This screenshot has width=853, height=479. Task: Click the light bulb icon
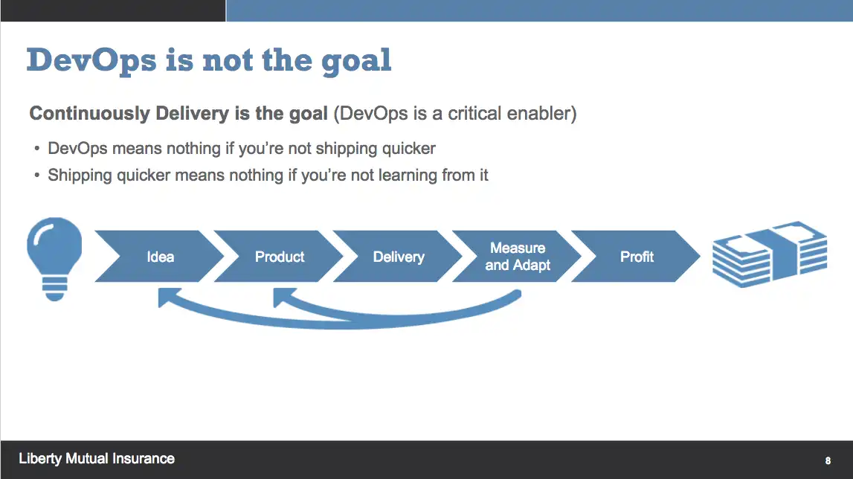54,256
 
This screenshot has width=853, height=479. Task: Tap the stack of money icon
769,254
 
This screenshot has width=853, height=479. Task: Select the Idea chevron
160,257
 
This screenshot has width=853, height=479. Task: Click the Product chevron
280,257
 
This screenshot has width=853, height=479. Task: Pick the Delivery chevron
399,257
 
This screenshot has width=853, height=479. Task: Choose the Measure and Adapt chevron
518,257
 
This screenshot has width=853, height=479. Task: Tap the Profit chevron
637,257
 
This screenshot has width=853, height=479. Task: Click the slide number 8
828,460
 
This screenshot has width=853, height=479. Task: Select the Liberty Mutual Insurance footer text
97,459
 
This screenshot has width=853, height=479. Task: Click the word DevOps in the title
91,60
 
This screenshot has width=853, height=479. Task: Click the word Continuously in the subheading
89,114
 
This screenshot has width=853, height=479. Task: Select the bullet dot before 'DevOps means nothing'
36,149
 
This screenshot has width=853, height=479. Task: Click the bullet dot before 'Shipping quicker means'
36,176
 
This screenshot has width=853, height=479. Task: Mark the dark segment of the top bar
112,10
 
